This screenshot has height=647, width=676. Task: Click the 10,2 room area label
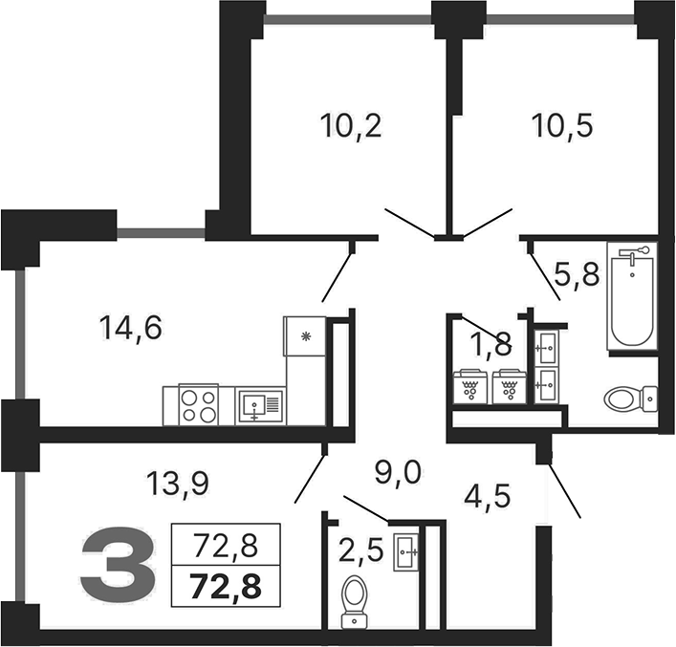[351, 126]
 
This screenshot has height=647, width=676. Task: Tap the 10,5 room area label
[562, 126]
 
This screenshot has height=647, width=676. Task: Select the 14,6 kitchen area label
[131, 328]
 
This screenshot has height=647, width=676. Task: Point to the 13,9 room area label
[178, 484]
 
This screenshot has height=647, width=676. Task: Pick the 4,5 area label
[488, 496]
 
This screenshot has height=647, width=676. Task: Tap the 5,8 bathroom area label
[577, 274]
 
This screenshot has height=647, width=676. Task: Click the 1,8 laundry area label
[491, 344]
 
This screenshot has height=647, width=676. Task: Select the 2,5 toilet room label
[360, 550]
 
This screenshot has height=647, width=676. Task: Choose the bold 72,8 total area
[226, 586]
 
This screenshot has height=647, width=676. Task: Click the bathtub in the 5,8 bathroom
[632, 296]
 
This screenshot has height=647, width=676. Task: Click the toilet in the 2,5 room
[355, 602]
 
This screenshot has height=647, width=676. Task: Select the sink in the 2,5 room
[405, 552]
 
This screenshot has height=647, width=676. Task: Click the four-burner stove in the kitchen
[199, 405]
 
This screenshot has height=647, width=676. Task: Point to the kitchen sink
[260, 405]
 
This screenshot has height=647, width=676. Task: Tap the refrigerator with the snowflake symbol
[305, 336]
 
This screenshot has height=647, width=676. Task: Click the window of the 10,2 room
[348, 19]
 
